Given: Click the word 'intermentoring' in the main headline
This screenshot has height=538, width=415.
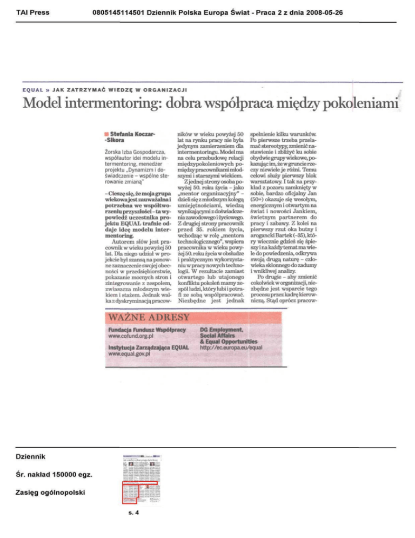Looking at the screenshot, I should pyautogui.click(x=118, y=104).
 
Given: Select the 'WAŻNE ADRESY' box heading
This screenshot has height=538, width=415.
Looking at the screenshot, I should pyautogui.click(x=149, y=317).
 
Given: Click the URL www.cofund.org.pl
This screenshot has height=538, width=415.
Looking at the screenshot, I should pyautogui.click(x=132, y=337).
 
